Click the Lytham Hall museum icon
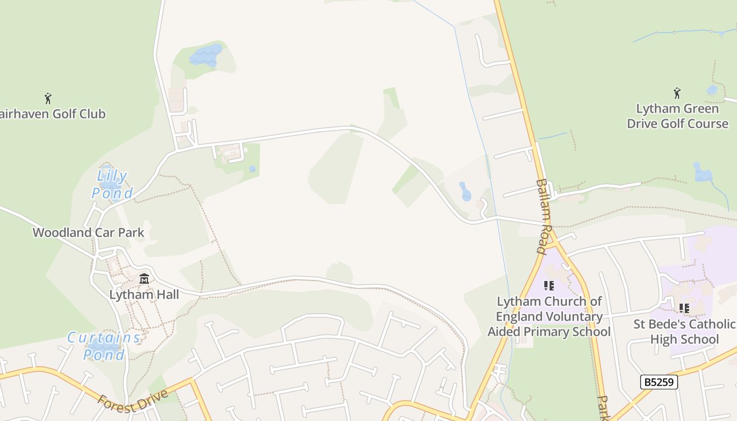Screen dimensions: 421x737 pyautogui.click(x=144, y=278)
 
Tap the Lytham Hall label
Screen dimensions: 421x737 pyautogui.click(x=144, y=295)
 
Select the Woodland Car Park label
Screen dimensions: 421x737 pyautogui.click(x=88, y=233)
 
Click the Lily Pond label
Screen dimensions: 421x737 pyautogui.click(x=113, y=184)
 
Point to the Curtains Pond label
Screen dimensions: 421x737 pyautogui.click(x=104, y=346)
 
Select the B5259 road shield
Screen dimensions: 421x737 pyautogui.click(x=659, y=382)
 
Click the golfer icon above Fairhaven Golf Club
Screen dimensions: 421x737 pyautogui.click(x=48, y=98)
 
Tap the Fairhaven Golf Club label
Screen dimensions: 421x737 pyautogui.click(x=53, y=114)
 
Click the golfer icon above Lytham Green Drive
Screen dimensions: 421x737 pyautogui.click(x=677, y=93)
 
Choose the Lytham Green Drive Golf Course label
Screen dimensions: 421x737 pyautogui.click(x=678, y=116)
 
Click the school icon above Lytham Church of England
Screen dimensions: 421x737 pyautogui.click(x=549, y=286)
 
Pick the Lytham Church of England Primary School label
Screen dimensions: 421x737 pyautogui.click(x=549, y=316)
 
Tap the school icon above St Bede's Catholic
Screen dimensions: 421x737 pyautogui.click(x=684, y=308)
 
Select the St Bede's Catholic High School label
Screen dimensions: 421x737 pyautogui.click(x=684, y=332)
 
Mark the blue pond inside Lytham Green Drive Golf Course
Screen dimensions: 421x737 pyautogui.click(x=702, y=173)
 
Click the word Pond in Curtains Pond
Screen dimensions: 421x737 pyautogui.click(x=104, y=354)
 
